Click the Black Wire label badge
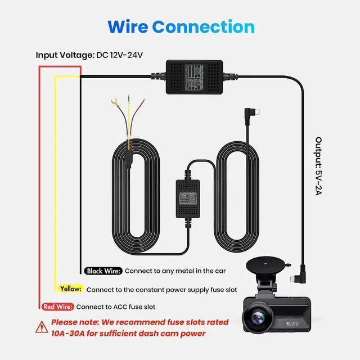click(103, 271)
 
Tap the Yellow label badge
click(70, 289)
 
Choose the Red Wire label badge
click(57, 307)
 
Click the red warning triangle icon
click(41, 327)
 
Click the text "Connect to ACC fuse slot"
click(116, 307)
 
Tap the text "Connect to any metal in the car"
click(175, 271)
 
